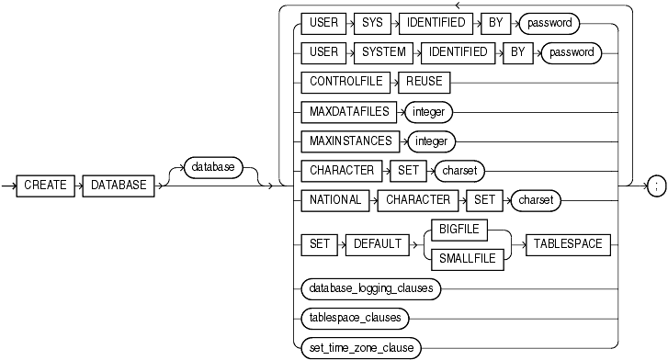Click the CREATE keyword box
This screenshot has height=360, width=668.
[x=46, y=186]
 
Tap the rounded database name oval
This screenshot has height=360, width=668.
[x=211, y=167]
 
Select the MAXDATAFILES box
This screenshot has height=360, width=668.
[x=345, y=111]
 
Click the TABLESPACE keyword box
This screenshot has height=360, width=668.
[x=564, y=244]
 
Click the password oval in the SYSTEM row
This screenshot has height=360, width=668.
[x=571, y=52]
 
